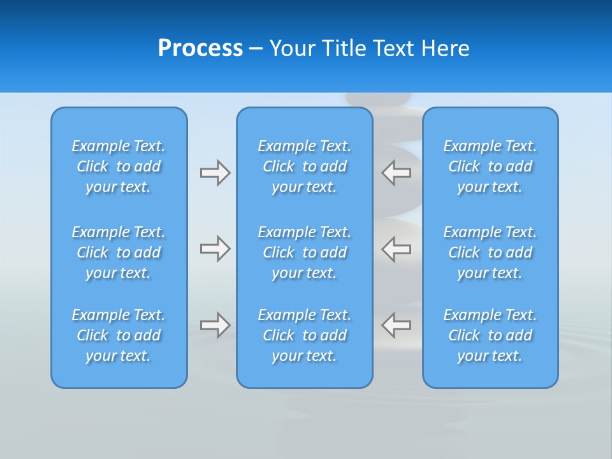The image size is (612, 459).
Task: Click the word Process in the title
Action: coord(200,48)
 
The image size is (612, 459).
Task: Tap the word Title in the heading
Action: coord(342,48)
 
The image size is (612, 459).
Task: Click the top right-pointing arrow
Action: coord(215,173)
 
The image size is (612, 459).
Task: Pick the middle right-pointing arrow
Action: coord(215,249)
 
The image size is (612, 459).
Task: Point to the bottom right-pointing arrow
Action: coord(215,325)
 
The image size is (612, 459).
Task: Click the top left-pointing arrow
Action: coord(397,173)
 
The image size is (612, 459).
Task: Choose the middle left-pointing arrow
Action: coord(397,249)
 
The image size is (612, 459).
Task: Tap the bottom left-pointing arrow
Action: coord(397,325)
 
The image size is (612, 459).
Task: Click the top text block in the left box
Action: coord(119,166)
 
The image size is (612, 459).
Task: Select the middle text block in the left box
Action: coord(119,252)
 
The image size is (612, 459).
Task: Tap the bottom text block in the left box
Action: coord(119,335)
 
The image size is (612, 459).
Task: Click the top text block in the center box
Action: coord(305,166)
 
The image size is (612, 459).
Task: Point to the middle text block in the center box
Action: coord(305,252)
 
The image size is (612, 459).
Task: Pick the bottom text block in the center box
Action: coord(305,335)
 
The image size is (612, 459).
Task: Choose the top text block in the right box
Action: coord(490,166)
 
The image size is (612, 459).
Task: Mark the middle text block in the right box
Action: coord(490,252)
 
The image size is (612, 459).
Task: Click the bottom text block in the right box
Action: coord(490,335)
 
